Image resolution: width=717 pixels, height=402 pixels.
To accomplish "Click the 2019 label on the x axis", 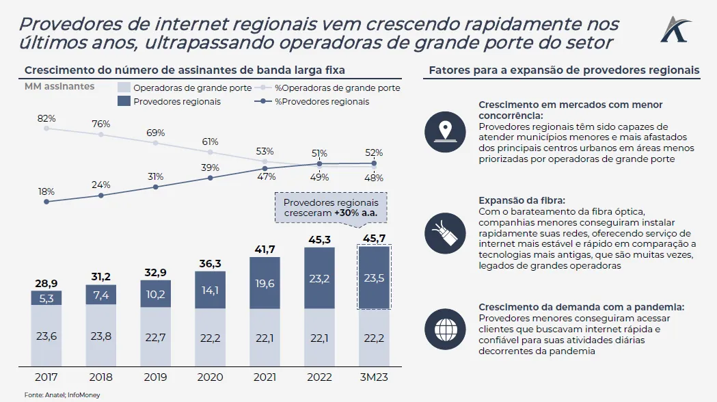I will click(x=156, y=376).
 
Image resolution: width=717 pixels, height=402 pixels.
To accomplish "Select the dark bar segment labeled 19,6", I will click(x=265, y=282).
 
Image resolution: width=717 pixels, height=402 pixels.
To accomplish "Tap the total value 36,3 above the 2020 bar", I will click(x=211, y=262).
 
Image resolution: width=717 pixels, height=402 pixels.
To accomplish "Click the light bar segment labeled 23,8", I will click(x=101, y=335).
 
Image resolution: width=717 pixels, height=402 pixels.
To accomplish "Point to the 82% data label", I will click(x=46, y=119).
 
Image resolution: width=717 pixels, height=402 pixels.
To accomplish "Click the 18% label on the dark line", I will click(x=46, y=192).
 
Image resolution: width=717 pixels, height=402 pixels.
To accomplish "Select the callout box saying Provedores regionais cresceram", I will click(x=331, y=208).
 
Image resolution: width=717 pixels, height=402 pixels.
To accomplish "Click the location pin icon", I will click(x=446, y=130).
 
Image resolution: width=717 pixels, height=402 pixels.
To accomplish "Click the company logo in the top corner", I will click(x=676, y=29).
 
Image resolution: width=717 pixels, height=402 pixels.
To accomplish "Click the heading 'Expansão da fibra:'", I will click(x=522, y=201).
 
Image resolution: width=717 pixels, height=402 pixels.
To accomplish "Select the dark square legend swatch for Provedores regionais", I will click(x=124, y=101).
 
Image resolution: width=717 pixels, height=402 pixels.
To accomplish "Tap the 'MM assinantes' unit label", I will click(x=59, y=87).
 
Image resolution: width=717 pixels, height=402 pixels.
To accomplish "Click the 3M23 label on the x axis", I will click(x=374, y=376).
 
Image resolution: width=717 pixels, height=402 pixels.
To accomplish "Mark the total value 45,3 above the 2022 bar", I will click(x=320, y=239).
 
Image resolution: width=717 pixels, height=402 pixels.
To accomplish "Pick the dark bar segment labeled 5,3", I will click(x=46, y=297).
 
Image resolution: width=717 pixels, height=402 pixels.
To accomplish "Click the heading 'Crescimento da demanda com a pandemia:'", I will click(x=581, y=307).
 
